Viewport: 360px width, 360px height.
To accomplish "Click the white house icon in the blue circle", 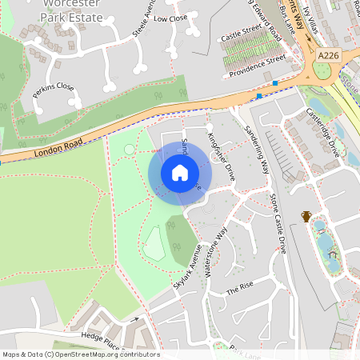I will (x=180, y=172).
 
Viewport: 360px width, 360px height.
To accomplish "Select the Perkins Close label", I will (x=53, y=93).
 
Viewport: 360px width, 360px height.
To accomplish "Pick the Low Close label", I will (x=170, y=18).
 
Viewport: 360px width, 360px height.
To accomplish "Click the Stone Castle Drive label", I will (x=278, y=223).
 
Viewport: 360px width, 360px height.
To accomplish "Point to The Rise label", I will (x=239, y=290).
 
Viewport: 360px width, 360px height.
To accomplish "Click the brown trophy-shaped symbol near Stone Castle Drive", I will (x=306, y=215).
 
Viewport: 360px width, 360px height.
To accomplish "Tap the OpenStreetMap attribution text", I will (x=81, y=354).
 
